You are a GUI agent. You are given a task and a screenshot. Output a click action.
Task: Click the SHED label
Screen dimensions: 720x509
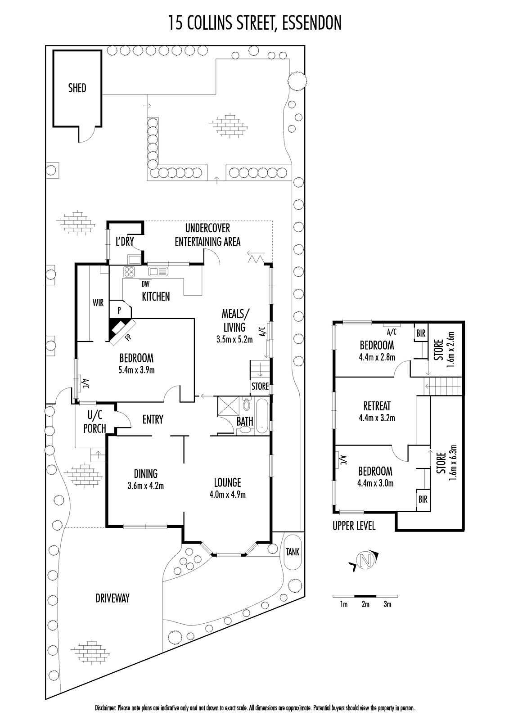pos(77,88)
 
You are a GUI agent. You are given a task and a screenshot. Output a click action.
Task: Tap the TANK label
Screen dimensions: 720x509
pos(293,552)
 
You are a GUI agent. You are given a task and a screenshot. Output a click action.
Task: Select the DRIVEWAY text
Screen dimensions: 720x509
pos(113,598)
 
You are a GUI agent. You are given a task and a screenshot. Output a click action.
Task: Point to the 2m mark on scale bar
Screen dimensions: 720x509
pos(365,604)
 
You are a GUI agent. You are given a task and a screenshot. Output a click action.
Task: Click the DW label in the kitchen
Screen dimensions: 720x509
pos(145,284)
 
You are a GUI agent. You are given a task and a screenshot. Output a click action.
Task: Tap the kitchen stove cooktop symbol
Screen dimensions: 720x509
pos(129,271)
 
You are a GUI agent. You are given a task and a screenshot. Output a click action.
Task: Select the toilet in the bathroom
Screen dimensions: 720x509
pos(246,404)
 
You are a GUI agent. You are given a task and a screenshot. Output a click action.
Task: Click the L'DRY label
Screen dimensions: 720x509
pos(125,242)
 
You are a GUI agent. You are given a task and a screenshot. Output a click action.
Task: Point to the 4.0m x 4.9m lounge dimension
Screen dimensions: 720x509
pos(227,495)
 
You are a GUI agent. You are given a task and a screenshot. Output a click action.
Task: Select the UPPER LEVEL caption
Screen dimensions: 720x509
pos(354,526)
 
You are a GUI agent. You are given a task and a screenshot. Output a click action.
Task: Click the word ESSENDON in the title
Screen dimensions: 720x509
pos(311,22)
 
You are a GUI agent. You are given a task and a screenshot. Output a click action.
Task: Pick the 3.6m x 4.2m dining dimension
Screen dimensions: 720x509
pos(145,486)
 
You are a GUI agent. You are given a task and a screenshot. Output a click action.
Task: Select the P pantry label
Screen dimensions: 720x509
pos(119,310)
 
